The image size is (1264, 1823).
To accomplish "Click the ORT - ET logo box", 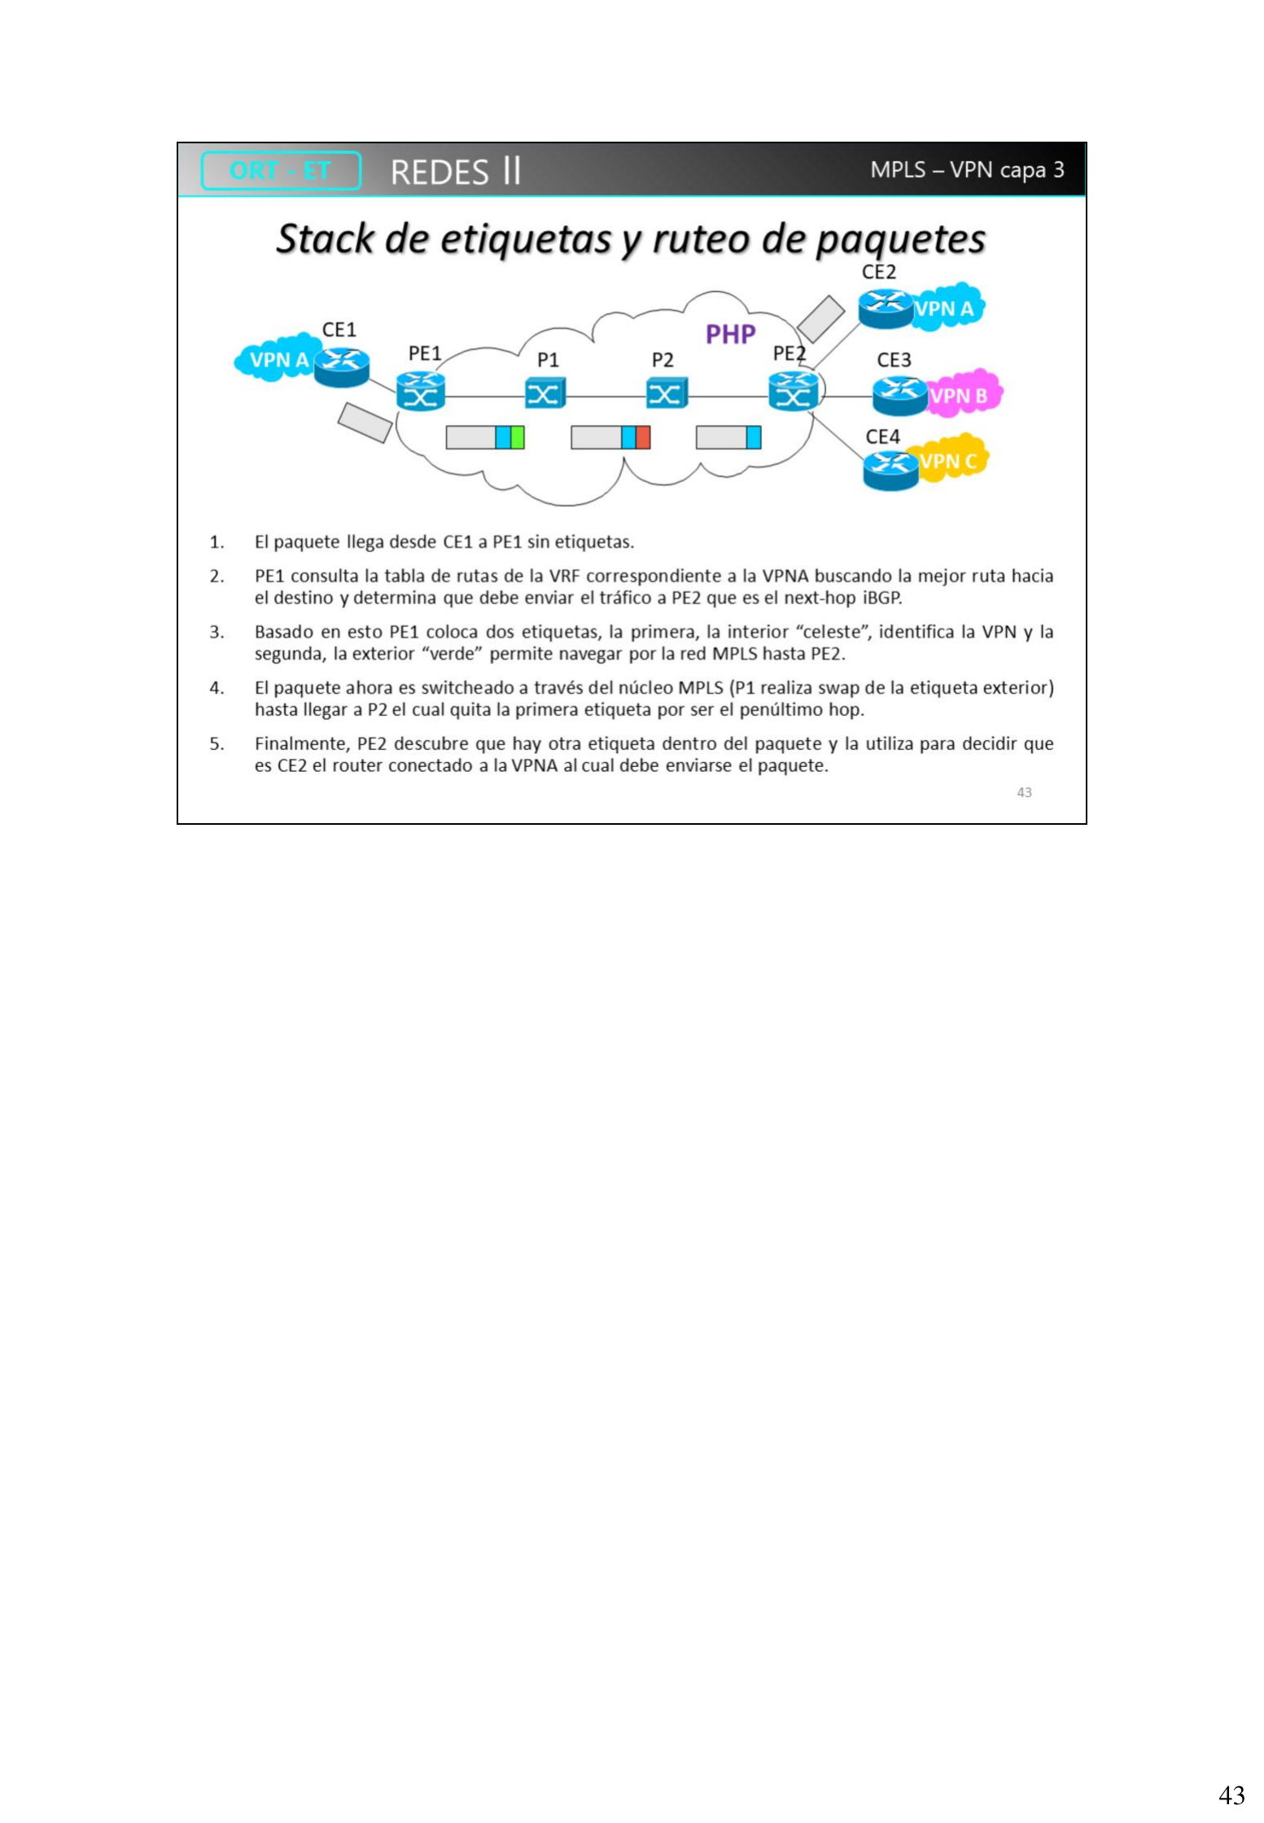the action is click(281, 171).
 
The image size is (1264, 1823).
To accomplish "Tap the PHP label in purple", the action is click(730, 335).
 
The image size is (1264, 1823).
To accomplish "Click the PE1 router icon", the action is click(421, 391).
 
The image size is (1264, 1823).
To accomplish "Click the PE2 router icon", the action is click(794, 391).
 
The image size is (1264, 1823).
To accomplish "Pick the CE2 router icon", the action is click(886, 309).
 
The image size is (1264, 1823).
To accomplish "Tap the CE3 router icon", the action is click(900, 397).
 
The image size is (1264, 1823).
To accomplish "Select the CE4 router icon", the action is click(891, 470).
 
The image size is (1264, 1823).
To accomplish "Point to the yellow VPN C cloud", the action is click(951, 459).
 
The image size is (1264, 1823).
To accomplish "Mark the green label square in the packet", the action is click(518, 438).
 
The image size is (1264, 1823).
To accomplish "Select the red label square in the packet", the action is click(643, 438).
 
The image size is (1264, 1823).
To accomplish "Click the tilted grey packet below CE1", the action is click(365, 423).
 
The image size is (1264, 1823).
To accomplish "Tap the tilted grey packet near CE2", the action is click(820, 318).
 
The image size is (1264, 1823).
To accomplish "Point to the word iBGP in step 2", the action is click(882, 598).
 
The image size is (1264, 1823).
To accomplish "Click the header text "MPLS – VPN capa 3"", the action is click(967, 170).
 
